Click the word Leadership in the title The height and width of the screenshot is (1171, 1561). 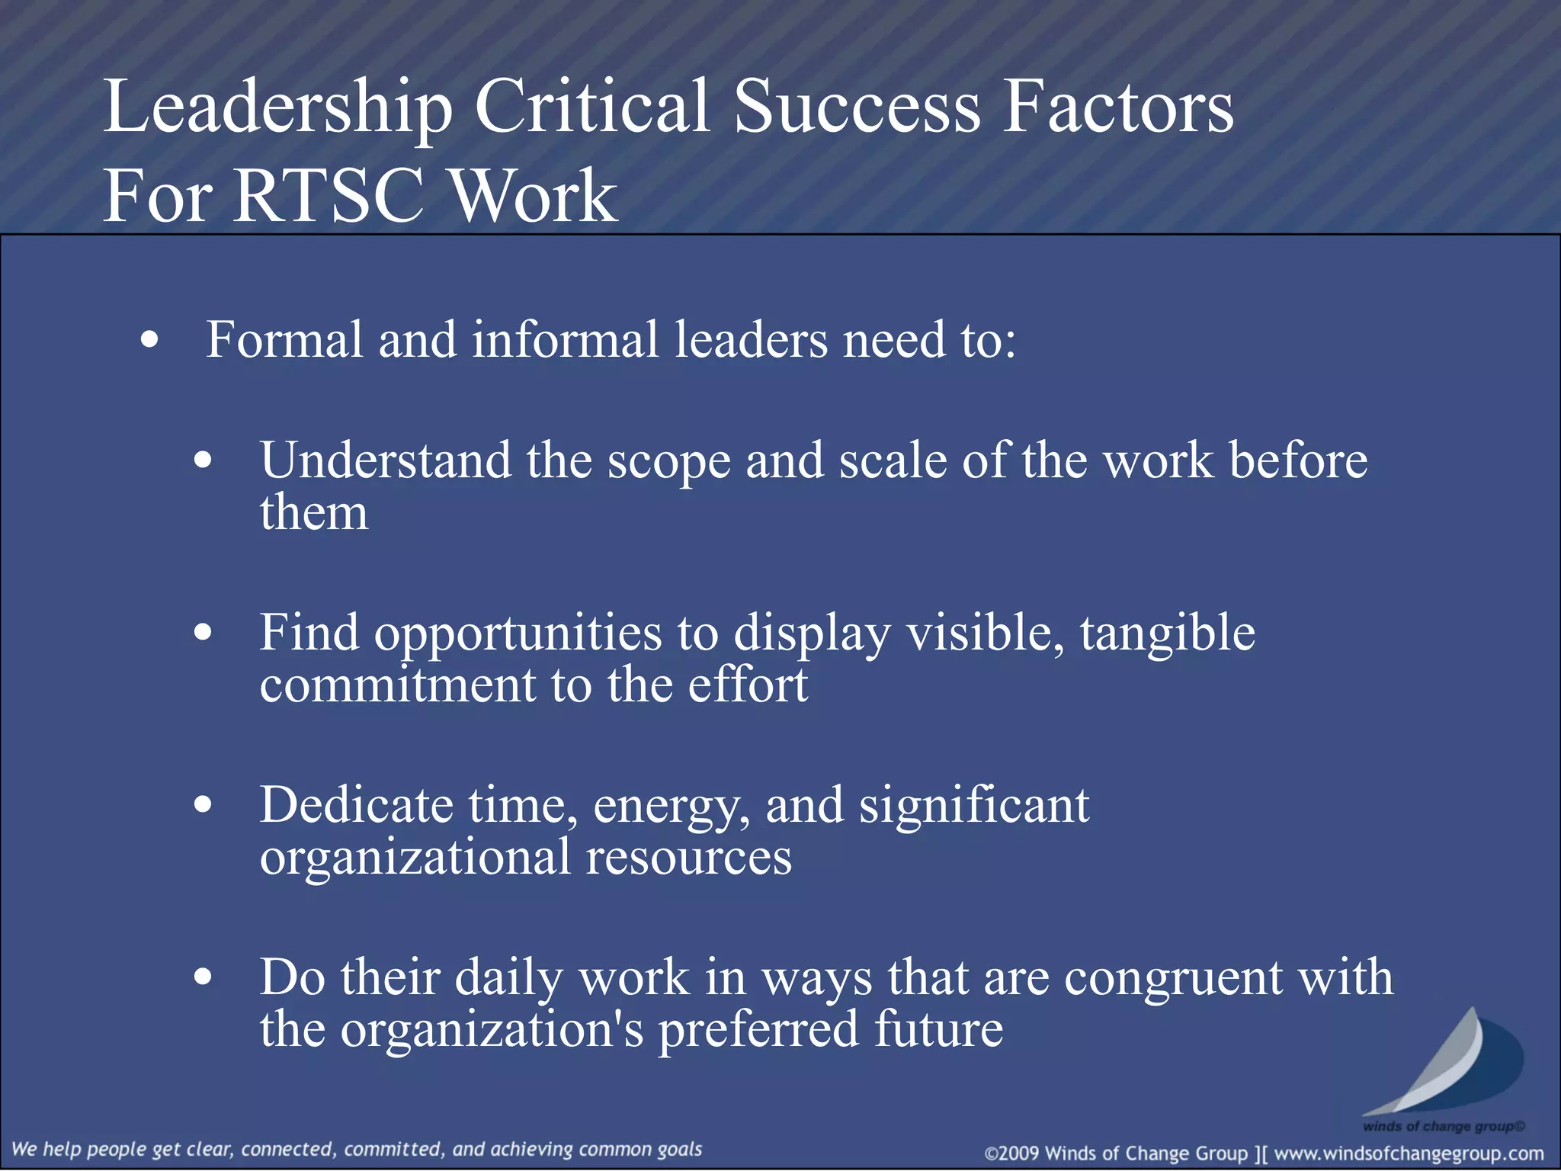coord(278,109)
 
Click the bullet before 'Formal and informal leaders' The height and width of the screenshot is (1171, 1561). coord(150,341)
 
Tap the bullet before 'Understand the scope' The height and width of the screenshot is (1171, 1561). coord(203,460)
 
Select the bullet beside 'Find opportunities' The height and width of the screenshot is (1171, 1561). coord(203,632)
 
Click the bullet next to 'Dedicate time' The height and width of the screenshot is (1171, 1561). coord(203,804)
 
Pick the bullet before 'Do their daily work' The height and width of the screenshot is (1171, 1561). coord(203,977)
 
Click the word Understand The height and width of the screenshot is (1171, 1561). coord(385,460)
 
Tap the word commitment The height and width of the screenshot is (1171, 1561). coord(397,684)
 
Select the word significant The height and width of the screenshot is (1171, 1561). coord(974,805)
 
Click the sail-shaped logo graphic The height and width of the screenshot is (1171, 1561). coord(1448,1064)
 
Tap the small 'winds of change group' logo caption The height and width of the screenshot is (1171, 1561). coord(1444,1126)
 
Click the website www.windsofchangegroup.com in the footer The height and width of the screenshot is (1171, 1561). coord(1409,1153)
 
